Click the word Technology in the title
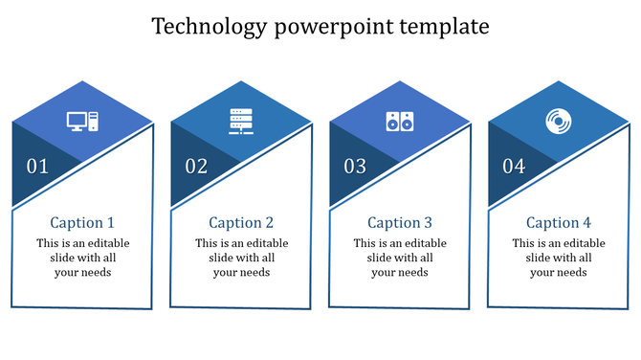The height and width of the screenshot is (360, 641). coord(210,27)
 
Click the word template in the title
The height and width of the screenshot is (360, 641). coord(446,27)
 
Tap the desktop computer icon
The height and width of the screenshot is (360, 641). coord(82,122)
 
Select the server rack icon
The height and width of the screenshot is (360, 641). coord(241,122)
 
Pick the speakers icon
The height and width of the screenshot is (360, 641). coord(400,122)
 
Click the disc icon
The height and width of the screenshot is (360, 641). coord(558,122)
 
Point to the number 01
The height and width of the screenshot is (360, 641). coord(38,167)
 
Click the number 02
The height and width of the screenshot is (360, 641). coord(197,167)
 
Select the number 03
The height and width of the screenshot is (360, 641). coord(356,167)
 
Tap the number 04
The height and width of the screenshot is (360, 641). coord(515,167)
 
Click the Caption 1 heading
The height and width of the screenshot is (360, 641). coord(82,222)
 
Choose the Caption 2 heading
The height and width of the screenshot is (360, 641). coord(241,222)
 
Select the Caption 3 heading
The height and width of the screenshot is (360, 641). coord(400,222)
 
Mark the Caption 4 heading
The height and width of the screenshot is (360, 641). coord(559,222)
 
